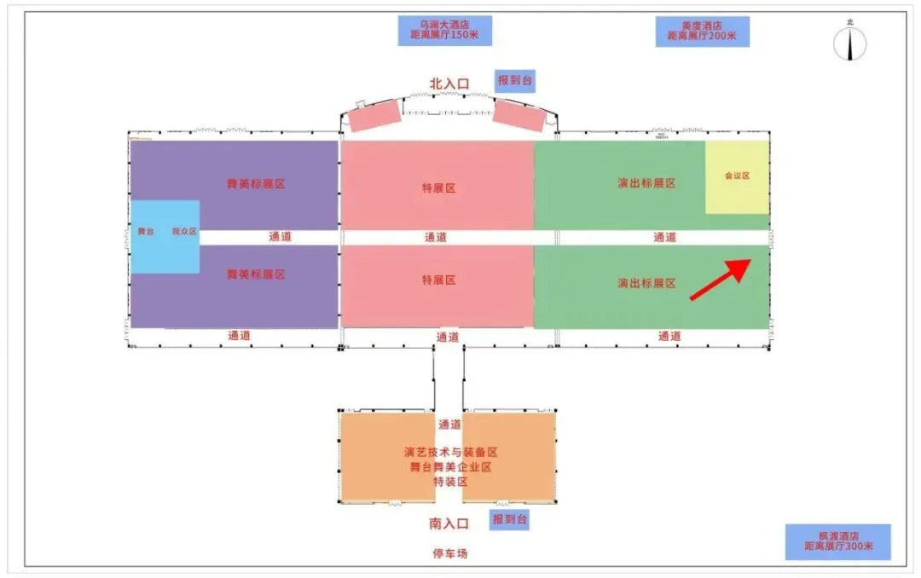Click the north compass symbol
coord(849,43)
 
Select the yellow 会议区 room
coord(737,177)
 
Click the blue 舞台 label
coord(146,231)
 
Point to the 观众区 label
coord(184,231)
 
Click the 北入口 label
coord(449,84)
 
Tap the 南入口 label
coord(449,523)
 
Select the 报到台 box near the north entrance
coord(515,80)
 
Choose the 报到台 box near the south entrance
coord(510,518)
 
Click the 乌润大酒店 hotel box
coord(444,31)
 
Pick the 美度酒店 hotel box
coord(702,32)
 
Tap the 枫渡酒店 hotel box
coord(837,541)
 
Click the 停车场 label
coord(449,553)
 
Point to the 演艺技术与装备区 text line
coord(450,452)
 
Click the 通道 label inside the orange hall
coord(449,425)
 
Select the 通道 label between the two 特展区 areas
coord(436,238)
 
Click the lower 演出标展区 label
coord(646,283)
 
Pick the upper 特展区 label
coord(438,188)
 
